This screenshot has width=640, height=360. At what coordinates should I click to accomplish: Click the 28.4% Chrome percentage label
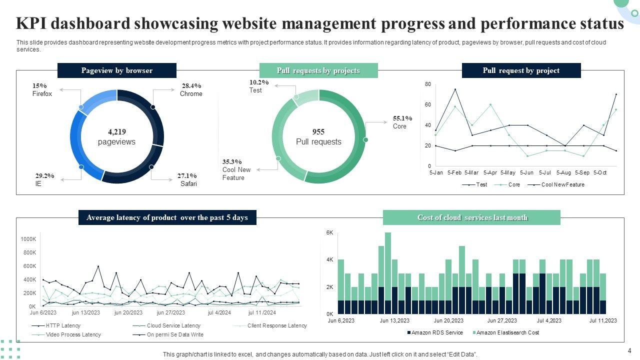[191, 86]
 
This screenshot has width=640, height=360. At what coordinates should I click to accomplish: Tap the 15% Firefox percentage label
[39, 86]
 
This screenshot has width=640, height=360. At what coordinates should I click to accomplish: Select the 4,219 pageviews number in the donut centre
[117, 132]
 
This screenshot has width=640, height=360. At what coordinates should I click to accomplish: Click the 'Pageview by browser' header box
[117, 70]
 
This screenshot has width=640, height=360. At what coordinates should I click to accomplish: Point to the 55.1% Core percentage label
[402, 118]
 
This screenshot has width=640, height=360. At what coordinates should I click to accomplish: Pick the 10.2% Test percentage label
[259, 82]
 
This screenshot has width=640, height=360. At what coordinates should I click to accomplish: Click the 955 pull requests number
[318, 132]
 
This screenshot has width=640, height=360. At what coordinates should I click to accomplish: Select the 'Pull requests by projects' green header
[318, 70]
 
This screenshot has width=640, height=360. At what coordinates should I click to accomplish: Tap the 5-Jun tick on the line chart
[527, 172]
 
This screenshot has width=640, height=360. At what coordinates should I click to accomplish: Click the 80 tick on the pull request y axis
[428, 84]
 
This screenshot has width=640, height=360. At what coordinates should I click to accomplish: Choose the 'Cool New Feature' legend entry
[562, 184]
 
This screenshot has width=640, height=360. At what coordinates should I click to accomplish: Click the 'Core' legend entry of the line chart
[514, 184]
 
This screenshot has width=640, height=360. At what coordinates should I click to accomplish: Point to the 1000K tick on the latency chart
[28, 239]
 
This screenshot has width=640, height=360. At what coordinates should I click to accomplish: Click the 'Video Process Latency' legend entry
[73, 334]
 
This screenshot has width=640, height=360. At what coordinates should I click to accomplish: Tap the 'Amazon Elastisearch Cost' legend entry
[507, 332]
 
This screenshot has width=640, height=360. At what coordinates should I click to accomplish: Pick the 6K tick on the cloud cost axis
[330, 233]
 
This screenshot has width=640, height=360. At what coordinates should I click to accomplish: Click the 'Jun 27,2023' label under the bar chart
[502, 320]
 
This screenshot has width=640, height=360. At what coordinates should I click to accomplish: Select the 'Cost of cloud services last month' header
[471, 217]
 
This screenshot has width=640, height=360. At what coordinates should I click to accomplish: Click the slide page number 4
[629, 350]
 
